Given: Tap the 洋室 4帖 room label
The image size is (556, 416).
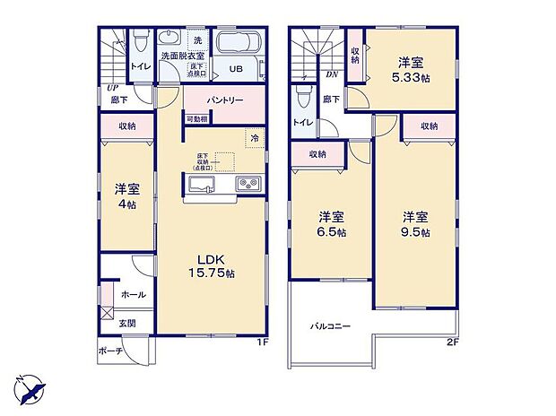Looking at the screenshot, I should [126, 196].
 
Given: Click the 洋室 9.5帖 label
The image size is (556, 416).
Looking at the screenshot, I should [414, 223].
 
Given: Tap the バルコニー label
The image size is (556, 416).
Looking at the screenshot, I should [331, 326].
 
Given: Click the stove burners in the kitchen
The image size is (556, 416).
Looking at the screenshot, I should [248, 185].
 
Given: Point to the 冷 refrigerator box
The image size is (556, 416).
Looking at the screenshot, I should [255, 138].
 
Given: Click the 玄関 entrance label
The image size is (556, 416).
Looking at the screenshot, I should [126, 324].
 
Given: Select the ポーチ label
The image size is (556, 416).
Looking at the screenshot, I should [109, 351].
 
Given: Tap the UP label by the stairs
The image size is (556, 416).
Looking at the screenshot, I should [111, 88].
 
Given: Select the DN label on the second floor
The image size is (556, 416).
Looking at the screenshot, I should [331, 75].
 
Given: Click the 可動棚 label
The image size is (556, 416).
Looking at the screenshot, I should [196, 119].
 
